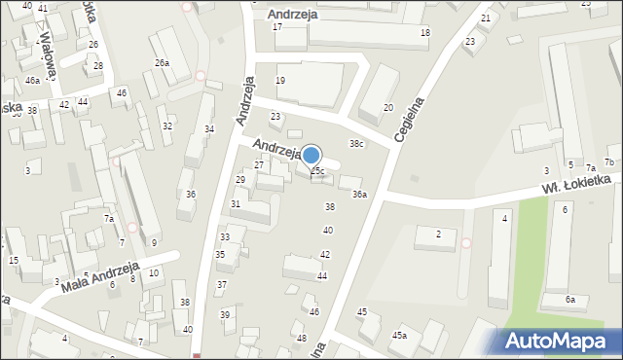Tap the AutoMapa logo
[559, 341]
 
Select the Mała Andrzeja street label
[99, 278]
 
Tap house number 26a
[162, 63]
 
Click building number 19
[281, 80]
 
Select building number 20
[388, 107]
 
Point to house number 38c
[357, 144]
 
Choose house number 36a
[359, 195]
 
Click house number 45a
[399, 335]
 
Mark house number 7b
[609, 162]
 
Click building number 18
[424, 33]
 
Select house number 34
[208, 129]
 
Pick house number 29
[240, 180]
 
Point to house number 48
[302, 340]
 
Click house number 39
[225, 314]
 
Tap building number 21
[486, 18]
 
